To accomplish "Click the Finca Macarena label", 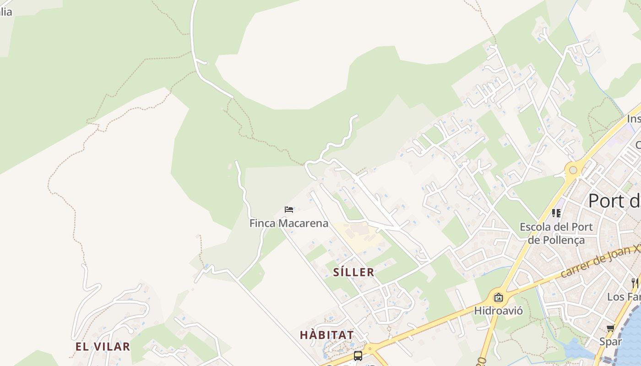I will [x=288, y=223].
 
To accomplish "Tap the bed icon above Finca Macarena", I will [x=289, y=210].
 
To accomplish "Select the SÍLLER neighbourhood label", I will [x=353, y=272].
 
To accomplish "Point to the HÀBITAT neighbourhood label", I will [x=326, y=335].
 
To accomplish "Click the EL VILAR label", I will [x=103, y=346].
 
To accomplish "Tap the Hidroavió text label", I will [x=498, y=311].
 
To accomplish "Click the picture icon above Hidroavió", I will [x=498, y=298].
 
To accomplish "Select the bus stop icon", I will [x=358, y=355].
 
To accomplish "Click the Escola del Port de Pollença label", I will [x=556, y=233].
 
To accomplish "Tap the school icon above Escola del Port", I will [x=556, y=213].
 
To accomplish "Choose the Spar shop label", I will [x=611, y=341].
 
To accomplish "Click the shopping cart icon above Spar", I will [x=611, y=328].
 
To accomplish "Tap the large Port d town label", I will [x=614, y=200].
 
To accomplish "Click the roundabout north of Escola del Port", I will [x=573, y=170].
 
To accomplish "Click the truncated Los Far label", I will [x=624, y=296].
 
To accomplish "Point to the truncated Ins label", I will [x=634, y=119].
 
